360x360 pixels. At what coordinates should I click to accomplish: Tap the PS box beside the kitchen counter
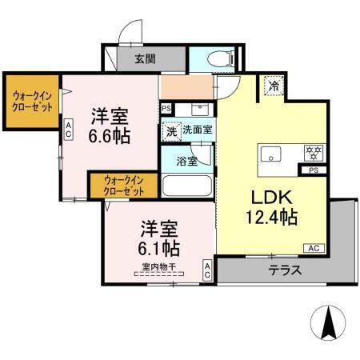313,170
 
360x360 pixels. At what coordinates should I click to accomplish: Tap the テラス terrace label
285,270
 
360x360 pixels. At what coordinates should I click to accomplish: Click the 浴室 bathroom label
186,159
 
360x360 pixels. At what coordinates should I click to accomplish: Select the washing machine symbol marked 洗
171,130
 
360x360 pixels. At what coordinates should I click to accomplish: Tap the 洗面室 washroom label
198,129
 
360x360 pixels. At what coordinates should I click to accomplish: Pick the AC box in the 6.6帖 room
70,128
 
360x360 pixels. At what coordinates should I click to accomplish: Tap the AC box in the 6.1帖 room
207,270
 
